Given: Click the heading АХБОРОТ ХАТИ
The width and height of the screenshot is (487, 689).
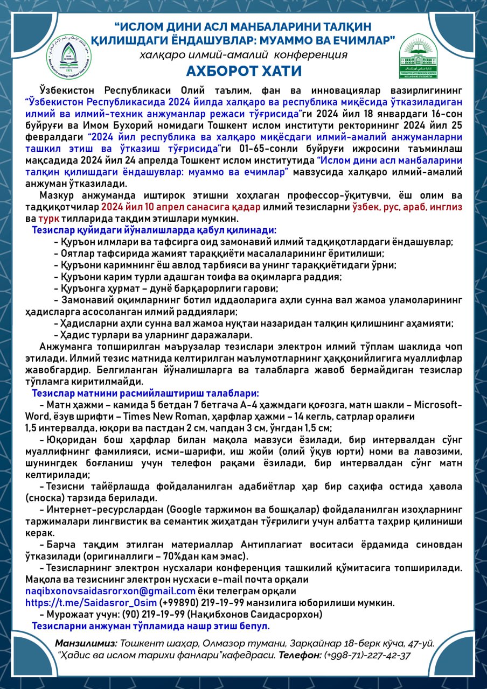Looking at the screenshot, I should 244,71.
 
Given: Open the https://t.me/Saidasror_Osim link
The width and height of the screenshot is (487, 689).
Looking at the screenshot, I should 92,602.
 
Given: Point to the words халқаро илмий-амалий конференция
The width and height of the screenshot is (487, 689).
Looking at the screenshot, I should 244,55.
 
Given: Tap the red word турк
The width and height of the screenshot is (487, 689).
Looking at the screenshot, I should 48,219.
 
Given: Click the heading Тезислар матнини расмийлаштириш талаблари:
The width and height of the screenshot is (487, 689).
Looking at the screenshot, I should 145,393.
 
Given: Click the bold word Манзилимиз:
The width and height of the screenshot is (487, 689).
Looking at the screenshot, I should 86,643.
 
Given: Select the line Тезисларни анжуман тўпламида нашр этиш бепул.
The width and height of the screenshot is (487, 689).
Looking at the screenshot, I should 151,626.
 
